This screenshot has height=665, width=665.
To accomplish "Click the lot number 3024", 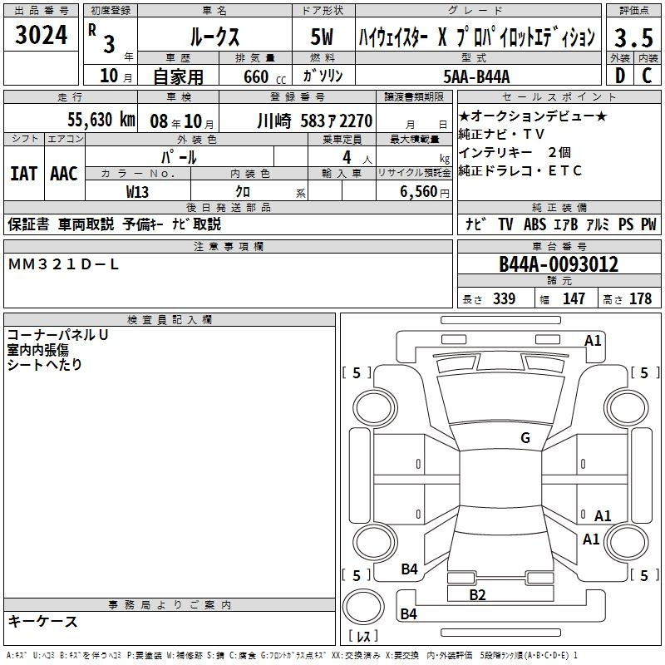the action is point(41,35).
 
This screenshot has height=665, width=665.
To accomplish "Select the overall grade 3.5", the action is point(633,38).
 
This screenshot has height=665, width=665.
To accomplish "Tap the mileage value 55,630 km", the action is point(101,120).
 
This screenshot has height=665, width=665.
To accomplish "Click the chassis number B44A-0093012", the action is point(559,264).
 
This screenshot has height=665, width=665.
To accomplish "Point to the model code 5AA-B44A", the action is point(476,76).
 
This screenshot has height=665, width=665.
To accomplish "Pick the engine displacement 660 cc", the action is point(264,76).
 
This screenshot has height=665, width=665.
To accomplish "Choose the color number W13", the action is point(137,192).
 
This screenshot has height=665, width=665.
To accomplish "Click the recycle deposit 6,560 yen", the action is point(425,192).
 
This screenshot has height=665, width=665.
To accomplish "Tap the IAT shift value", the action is point(24,174).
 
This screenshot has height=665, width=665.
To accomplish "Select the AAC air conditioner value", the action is point(64,174).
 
